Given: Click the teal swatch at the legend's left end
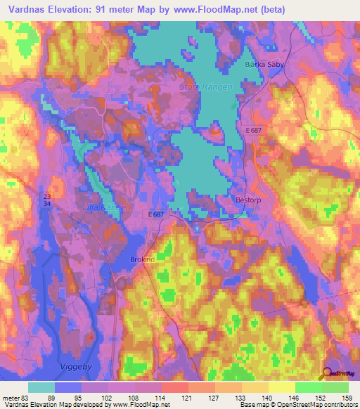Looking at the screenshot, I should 42,387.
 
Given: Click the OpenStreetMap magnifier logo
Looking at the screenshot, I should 328,374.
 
